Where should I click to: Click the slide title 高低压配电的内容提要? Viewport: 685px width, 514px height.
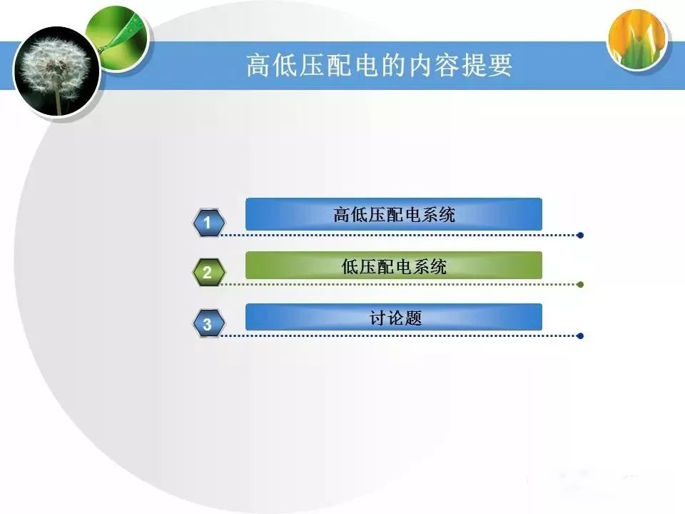pyautogui.click(x=379, y=66)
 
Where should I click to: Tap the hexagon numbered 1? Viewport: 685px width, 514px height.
pyautogui.click(x=209, y=223)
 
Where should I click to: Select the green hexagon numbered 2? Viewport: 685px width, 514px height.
pyautogui.click(x=209, y=272)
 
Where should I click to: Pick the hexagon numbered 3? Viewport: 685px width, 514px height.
pyautogui.click(x=209, y=323)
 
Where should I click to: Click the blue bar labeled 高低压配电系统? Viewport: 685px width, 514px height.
pyautogui.click(x=394, y=214)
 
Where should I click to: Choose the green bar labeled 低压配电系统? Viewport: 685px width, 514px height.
pyautogui.click(x=394, y=266)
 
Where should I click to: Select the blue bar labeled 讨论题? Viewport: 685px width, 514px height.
pyautogui.click(x=394, y=317)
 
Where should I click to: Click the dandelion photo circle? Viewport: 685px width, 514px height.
pyautogui.click(x=57, y=72)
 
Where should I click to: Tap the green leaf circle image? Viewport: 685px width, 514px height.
pyautogui.click(x=117, y=39)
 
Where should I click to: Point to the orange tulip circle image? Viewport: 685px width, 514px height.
pyautogui.click(x=638, y=40)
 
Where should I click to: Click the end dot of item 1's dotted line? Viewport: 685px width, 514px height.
pyautogui.click(x=580, y=235)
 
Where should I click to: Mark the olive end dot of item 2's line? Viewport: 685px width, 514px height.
pyautogui.click(x=580, y=285)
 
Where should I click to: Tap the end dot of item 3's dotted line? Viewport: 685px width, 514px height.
pyautogui.click(x=580, y=336)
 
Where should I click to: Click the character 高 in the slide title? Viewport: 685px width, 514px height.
pyautogui.click(x=259, y=66)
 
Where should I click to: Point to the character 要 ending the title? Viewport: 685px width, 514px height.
pyautogui.click(x=500, y=66)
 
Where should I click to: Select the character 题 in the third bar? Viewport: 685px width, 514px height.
pyautogui.click(x=413, y=318)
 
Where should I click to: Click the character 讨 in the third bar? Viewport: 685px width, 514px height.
pyautogui.click(x=377, y=318)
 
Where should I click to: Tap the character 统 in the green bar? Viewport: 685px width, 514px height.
pyautogui.click(x=438, y=266)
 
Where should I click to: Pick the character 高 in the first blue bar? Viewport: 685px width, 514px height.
pyautogui.click(x=342, y=215)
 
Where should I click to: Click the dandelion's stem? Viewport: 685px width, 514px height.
pyautogui.click(x=57, y=100)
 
